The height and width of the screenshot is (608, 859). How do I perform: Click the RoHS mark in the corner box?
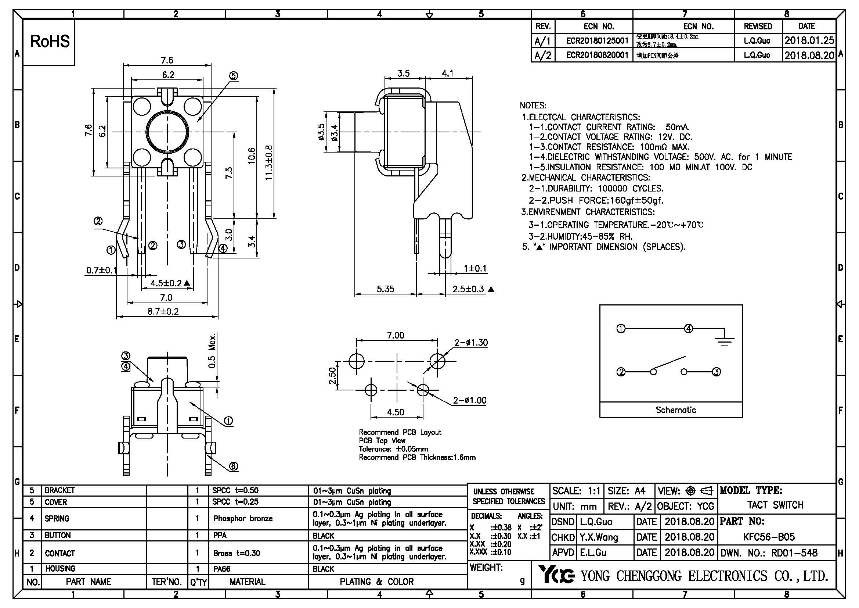[50, 42]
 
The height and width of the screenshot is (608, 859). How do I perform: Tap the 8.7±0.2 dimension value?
[163, 311]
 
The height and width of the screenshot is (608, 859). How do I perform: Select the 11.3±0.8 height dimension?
[269, 163]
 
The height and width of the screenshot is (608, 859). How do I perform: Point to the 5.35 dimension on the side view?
[385, 289]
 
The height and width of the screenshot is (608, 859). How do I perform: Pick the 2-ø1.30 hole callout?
[471, 343]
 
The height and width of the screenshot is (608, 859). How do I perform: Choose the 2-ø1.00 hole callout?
[470, 401]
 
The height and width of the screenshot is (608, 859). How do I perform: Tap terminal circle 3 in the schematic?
[716, 372]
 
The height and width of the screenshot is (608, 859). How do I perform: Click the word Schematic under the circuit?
[676, 410]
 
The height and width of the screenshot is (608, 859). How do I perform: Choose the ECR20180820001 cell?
[597, 55]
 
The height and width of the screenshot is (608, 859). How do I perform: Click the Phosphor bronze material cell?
[243, 519]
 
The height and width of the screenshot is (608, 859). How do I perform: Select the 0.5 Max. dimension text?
[212, 351]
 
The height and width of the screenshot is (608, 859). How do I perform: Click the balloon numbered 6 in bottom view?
[233, 466]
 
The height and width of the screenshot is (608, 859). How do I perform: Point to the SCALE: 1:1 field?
[576, 491]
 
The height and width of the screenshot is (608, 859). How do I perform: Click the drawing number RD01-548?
[794, 553]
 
